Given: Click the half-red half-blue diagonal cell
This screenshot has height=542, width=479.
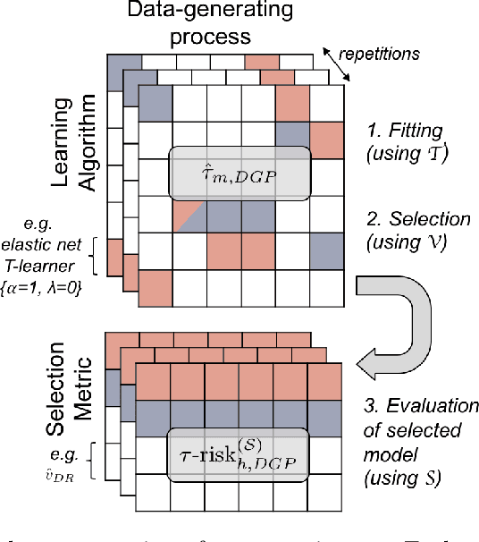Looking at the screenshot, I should [x=190, y=215].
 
